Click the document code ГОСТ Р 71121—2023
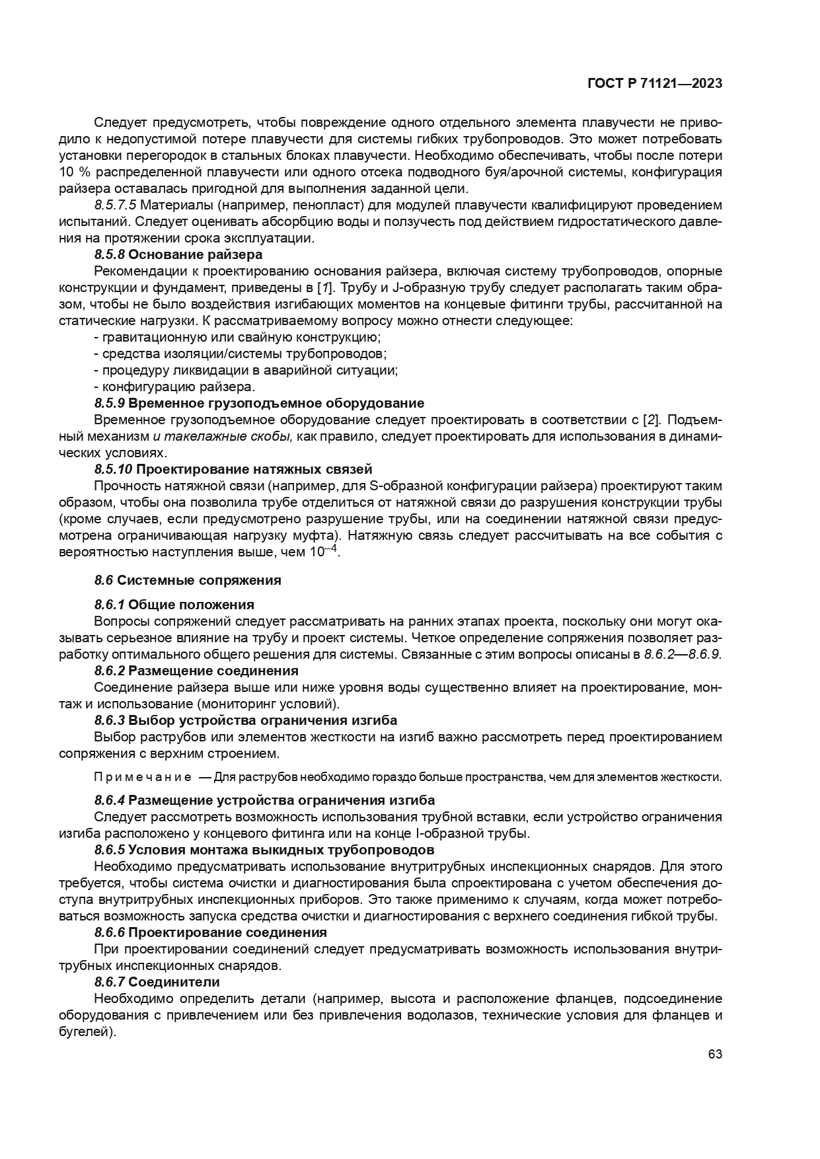654,83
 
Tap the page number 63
715,1054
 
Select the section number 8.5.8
109,254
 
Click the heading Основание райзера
195,254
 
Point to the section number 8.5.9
109,403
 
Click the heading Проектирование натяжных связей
254,469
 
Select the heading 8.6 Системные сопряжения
188,580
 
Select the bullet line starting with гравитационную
238,337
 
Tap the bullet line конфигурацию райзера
175,387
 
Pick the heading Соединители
174,982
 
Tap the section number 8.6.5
109,850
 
